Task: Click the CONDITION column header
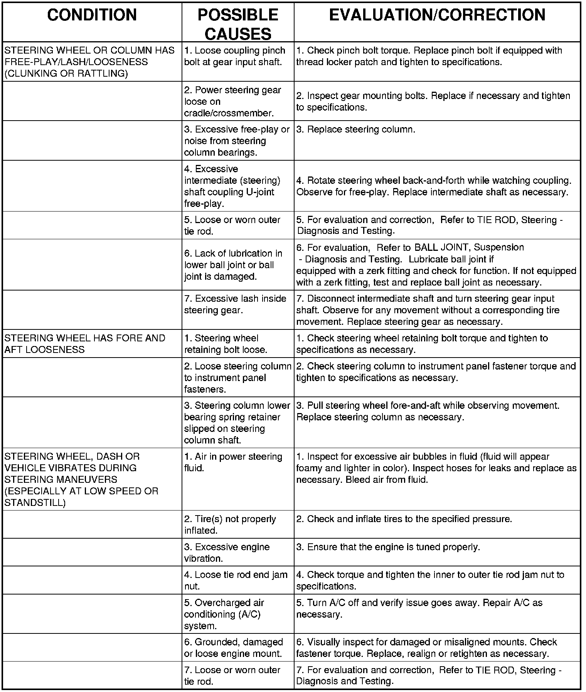[92, 15]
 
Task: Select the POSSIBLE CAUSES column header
[237, 24]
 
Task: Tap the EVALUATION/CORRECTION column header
[437, 15]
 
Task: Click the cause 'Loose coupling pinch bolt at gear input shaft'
[234, 56]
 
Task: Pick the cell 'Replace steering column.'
[355, 129]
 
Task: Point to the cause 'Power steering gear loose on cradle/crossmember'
[232, 101]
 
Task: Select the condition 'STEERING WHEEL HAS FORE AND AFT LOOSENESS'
[85, 344]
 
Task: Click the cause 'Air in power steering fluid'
[233, 462]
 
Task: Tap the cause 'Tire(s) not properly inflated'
[230, 524]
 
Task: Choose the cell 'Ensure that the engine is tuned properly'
[388, 547]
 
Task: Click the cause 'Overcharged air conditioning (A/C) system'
[224, 614]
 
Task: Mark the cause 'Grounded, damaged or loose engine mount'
[233, 648]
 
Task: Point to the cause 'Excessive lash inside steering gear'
[235, 304]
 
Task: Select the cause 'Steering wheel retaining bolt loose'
[225, 344]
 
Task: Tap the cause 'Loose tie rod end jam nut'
[236, 580]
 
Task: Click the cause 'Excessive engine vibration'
[227, 553]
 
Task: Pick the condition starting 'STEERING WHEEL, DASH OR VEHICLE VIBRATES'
[81, 479]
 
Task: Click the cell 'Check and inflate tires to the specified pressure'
[404, 519]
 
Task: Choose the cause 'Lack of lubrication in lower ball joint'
[233, 265]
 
